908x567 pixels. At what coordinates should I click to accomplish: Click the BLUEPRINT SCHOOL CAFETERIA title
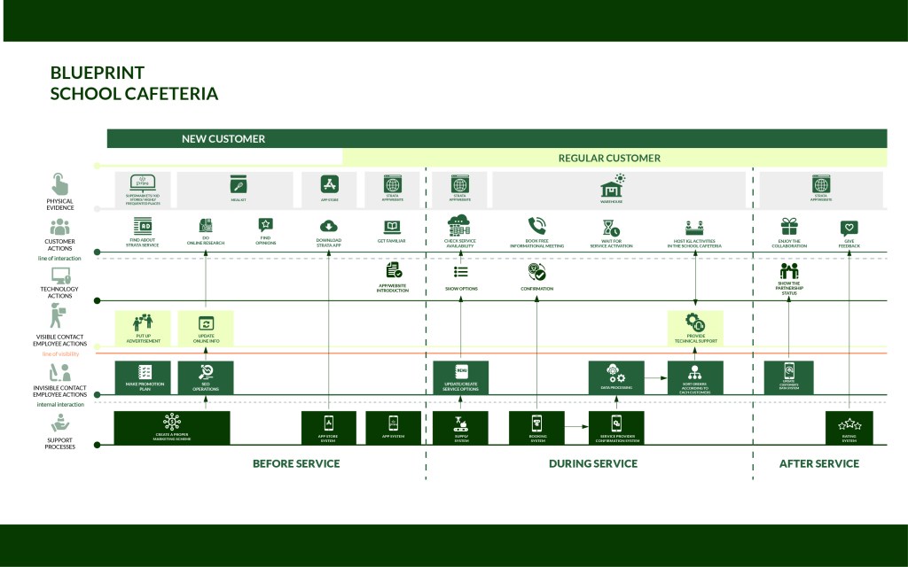tap(134, 83)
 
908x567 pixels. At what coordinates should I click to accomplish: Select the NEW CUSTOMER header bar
tap(223, 139)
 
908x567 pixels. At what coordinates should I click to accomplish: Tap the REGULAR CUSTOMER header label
tap(608, 159)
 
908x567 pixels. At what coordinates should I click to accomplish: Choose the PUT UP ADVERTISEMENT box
tap(143, 328)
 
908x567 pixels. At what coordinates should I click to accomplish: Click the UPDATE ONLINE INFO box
tap(206, 328)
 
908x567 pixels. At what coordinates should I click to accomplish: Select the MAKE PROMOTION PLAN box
tap(143, 377)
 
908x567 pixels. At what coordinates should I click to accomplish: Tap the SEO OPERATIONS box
tap(206, 377)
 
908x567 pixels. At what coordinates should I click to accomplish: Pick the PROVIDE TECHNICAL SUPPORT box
tap(695, 328)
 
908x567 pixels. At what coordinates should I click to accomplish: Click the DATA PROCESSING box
tap(615, 377)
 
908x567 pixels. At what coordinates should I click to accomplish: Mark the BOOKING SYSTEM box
tap(536, 428)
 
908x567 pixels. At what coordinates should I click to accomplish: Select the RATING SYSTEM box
tap(849, 428)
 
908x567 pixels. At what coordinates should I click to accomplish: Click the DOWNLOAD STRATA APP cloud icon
tap(329, 225)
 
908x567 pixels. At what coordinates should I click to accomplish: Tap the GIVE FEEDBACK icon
tap(849, 227)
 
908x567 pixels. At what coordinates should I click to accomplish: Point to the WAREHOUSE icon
tap(613, 188)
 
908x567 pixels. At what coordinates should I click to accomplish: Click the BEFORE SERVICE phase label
tap(296, 463)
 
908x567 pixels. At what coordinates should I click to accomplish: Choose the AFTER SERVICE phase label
tap(818, 463)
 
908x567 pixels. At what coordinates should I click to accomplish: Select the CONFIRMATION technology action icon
tap(536, 272)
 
